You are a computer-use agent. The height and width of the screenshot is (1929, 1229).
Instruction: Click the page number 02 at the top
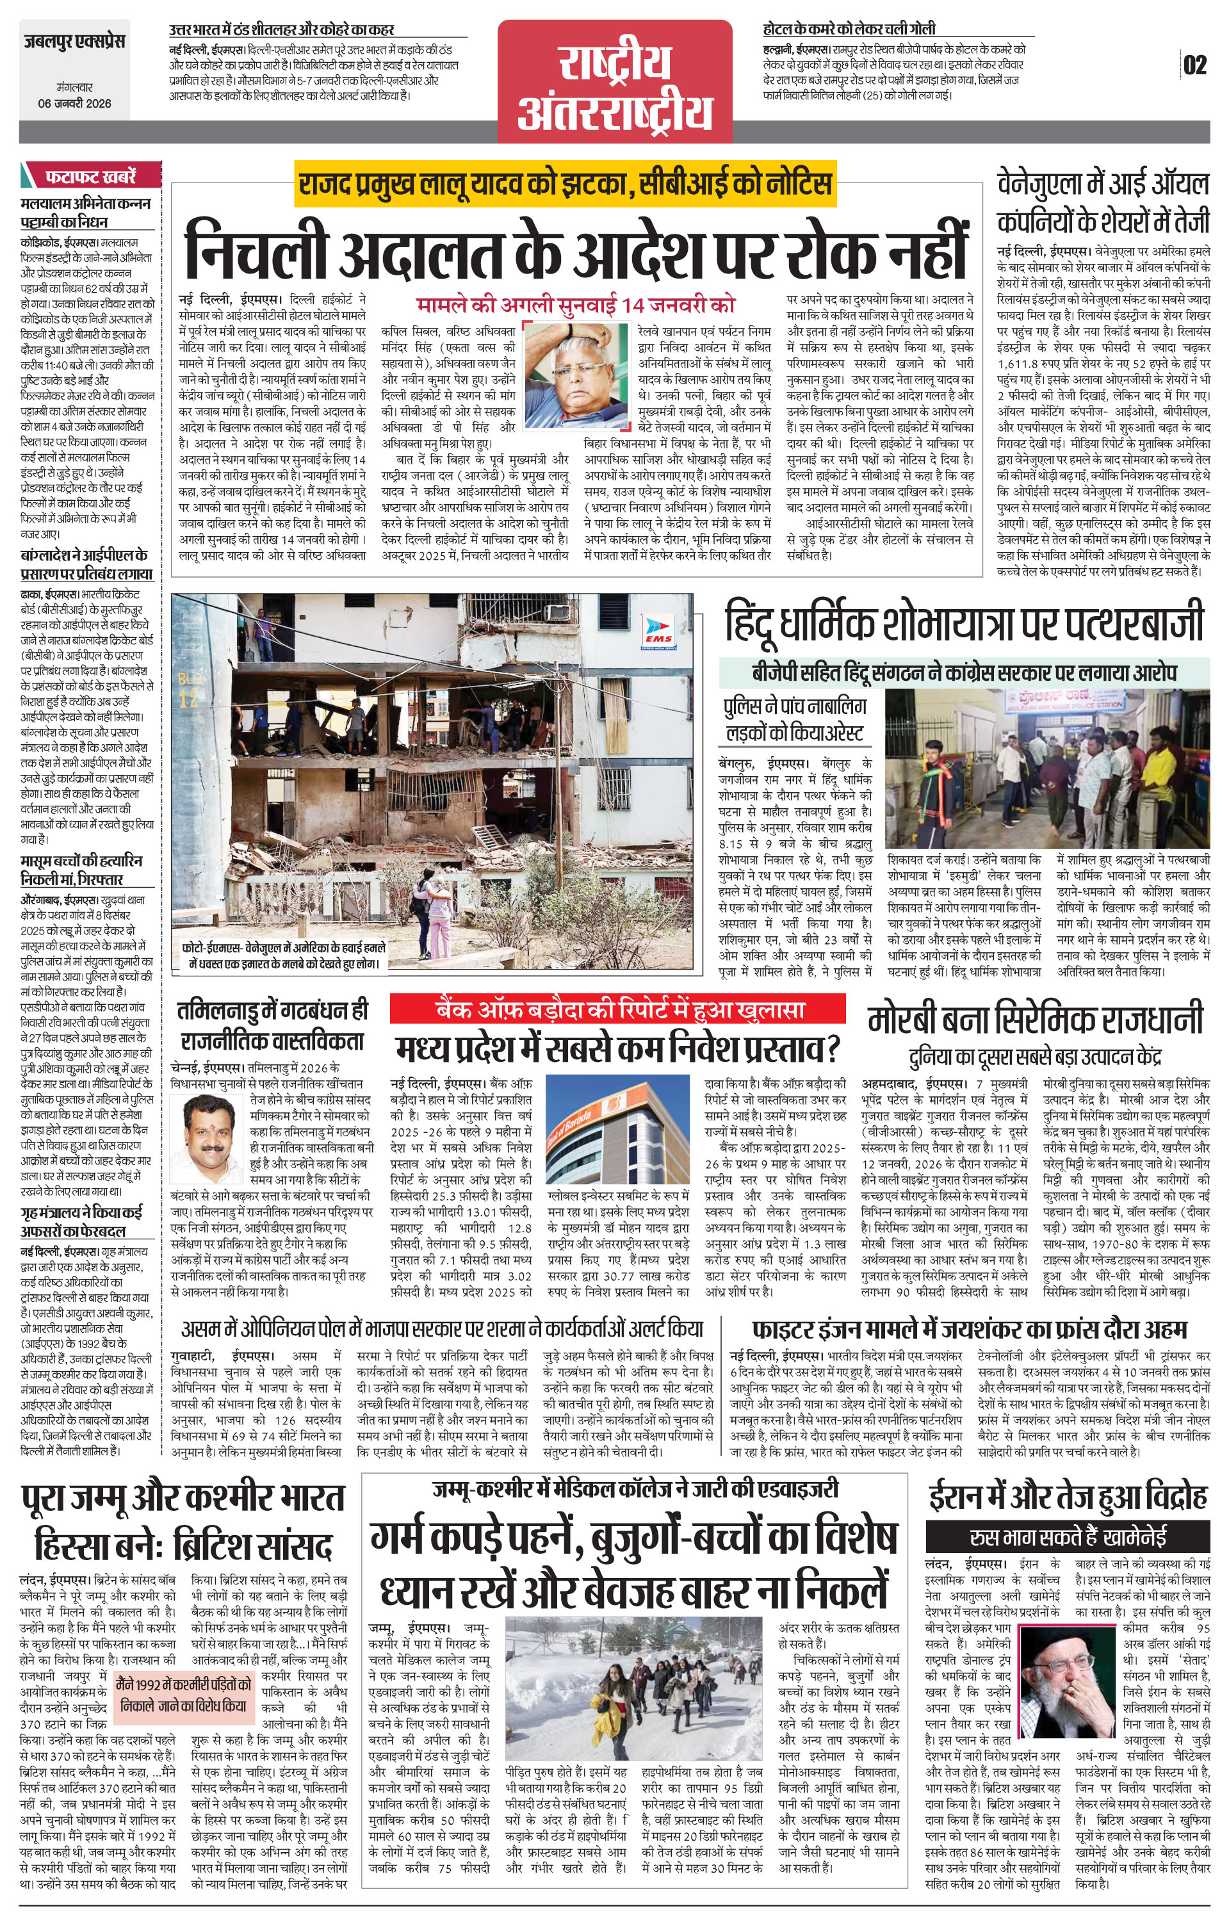[1194, 65]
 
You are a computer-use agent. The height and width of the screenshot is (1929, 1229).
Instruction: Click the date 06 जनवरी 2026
[74, 103]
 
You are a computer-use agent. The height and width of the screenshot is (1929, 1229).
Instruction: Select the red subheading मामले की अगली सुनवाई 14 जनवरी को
[575, 305]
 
